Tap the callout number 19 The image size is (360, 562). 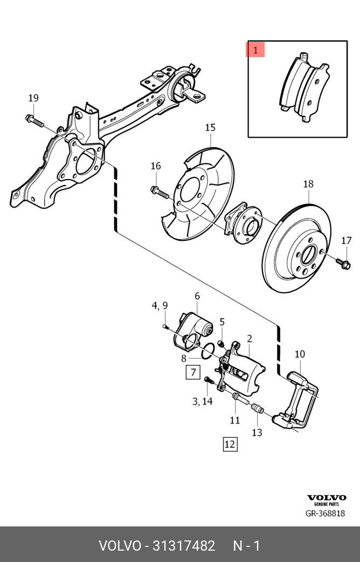pyautogui.click(x=33, y=98)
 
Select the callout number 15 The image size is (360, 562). pyautogui.click(x=210, y=128)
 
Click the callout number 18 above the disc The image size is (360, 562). pyautogui.click(x=308, y=184)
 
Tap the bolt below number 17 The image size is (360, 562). pyautogui.click(x=344, y=263)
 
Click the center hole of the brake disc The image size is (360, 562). pyautogui.click(x=309, y=254)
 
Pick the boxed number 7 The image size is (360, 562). pyautogui.click(x=193, y=372)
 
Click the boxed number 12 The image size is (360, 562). pyautogui.click(x=230, y=444)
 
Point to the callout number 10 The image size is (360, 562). pyautogui.click(x=300, y=354)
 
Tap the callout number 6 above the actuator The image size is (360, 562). pyautogui.click(x=197, y=296)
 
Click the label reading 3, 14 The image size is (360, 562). pyautogui.click(x=203, y=401)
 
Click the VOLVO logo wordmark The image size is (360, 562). pyautogui.click(x=326, y=497)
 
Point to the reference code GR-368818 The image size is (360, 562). pyautogui.click(x=325, y=514)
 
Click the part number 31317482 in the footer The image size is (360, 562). pyautogui.click(x=184, y=546)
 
